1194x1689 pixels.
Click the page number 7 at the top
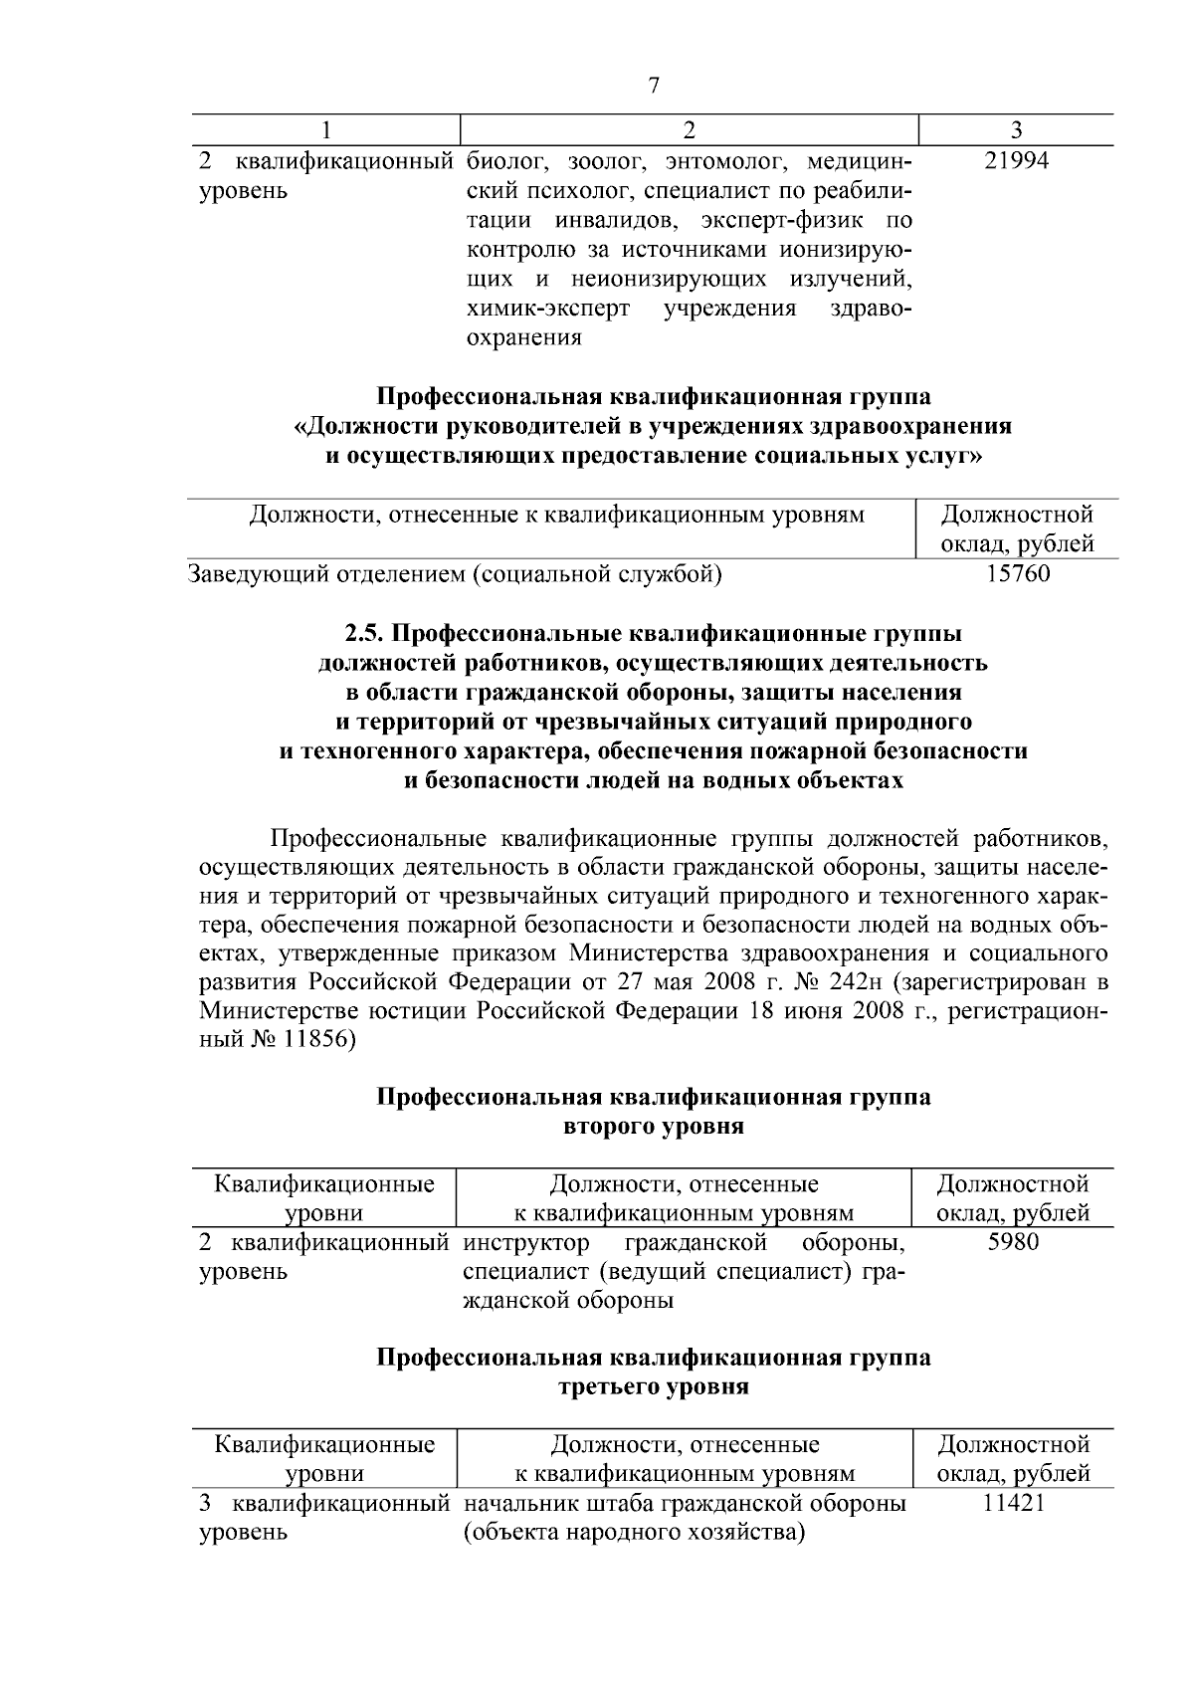(654, 86)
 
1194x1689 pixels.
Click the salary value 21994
(1016, 161)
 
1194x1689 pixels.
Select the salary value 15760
(1017, 574)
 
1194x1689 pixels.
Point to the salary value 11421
(1013, 1503)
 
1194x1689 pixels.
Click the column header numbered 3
(1016, 130)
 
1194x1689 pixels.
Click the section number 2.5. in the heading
(370, 634)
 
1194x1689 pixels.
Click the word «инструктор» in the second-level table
(526, 1243)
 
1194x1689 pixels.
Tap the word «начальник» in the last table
(515, 1504)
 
